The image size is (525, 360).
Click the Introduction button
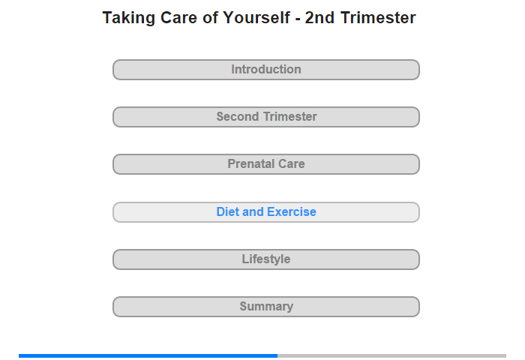(x=265, y=70)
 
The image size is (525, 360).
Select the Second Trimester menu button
(x=265, y=117)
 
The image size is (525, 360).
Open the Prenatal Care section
(x=265, y=164)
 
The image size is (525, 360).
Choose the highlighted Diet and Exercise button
(x=265, y=212)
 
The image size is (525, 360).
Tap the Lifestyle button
(x=265, y=259)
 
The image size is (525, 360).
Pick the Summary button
(x=265, y=307)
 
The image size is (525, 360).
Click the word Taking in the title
(x=129, y=18)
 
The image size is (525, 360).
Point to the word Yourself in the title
(x=256, y=17)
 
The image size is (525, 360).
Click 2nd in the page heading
(x=319, y=17)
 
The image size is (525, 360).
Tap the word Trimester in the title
(x=378, y=17)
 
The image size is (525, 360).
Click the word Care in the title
(x=178, y=17)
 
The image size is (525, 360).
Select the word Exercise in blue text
(x=292, y=211)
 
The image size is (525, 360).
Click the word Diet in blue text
(x=228, y=211)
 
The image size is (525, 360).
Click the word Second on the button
(x=238, y=116)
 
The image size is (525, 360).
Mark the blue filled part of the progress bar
(x=148, y=355)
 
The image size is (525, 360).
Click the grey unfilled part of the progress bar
(x=391, y=355)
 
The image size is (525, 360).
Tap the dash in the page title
(x=297, y=19)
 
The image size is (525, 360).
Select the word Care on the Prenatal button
(x=292, y=163)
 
